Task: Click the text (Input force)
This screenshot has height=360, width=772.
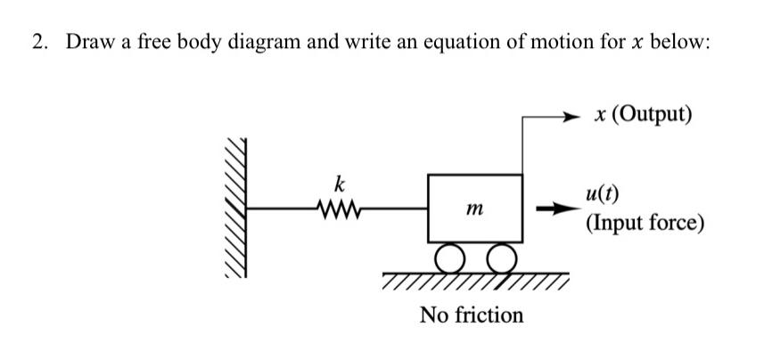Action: click(x=645, y=221)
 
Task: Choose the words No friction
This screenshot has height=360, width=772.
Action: click(x=472, y=315)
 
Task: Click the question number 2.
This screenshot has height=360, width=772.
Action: click(x=38, y=44)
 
